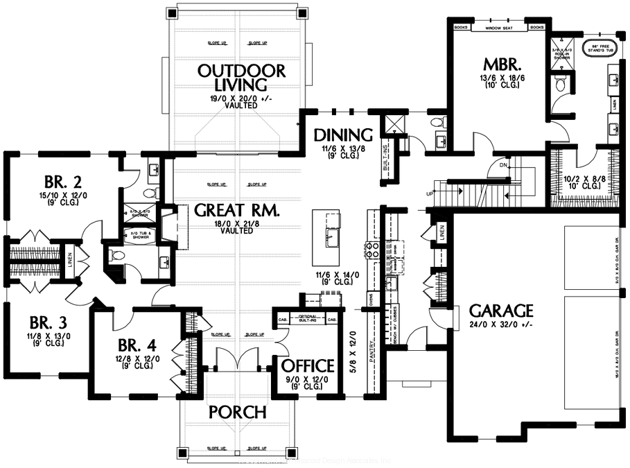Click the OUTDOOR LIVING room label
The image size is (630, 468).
pos(240,77)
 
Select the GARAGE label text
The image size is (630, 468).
pos(500,310)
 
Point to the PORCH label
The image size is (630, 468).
pos(237,412)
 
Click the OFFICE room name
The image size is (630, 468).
pos(308,365)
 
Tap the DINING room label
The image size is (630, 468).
pos(343,134)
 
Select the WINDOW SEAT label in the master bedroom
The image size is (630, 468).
pos(498,28)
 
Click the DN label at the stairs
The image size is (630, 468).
pos(504,165)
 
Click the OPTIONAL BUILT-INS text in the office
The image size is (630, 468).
pos(308,318)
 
